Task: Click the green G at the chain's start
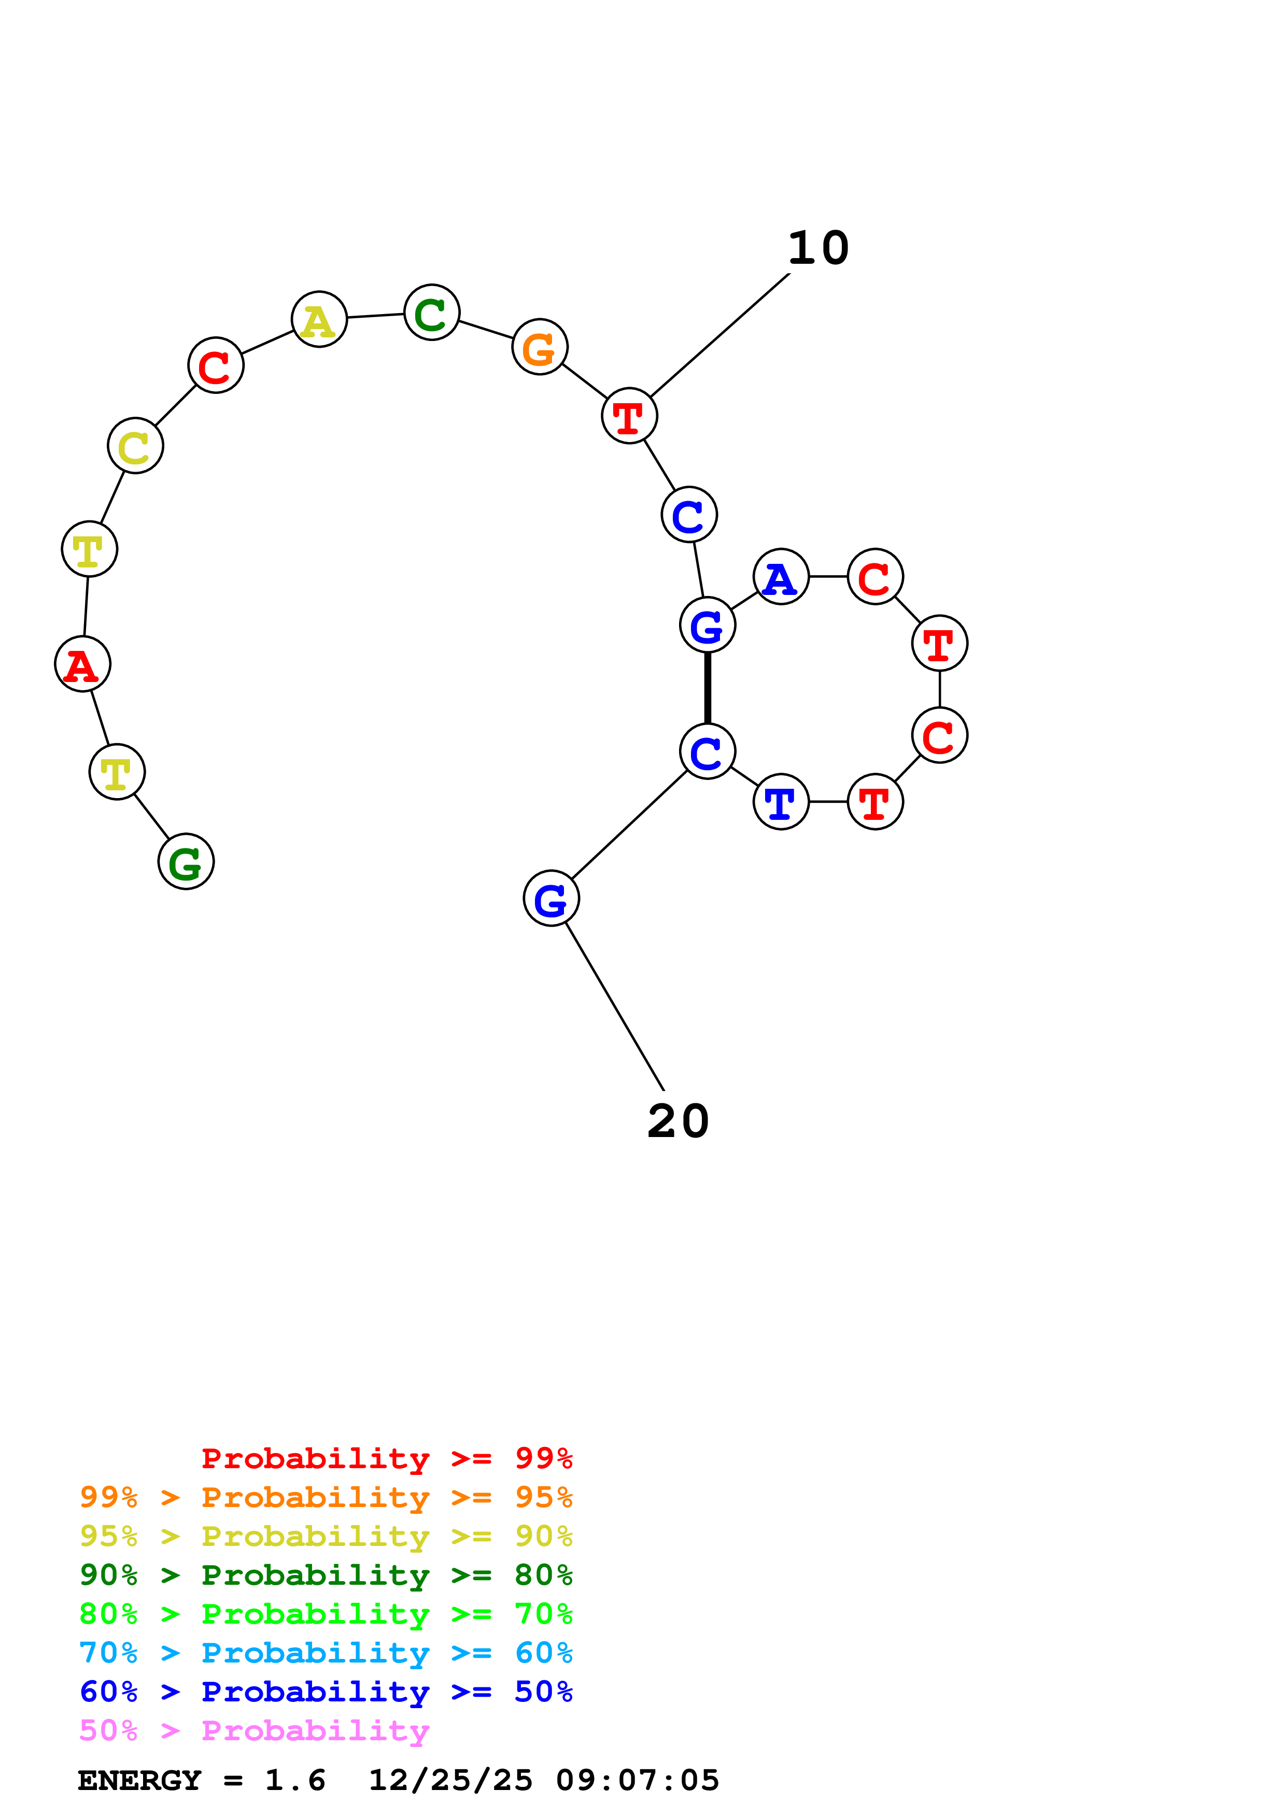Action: click(x=186, y=861)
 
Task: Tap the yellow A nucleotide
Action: click(x=319, y=319)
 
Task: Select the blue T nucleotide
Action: click(x=781, y=802)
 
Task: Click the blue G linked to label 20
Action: click(x=551, y=899)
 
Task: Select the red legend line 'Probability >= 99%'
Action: click(x=386, y=1458)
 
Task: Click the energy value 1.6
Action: click(x=294, y=1780)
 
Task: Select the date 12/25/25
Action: click(x=450, y=1780)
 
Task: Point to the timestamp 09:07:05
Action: click(x=638, y=1780)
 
